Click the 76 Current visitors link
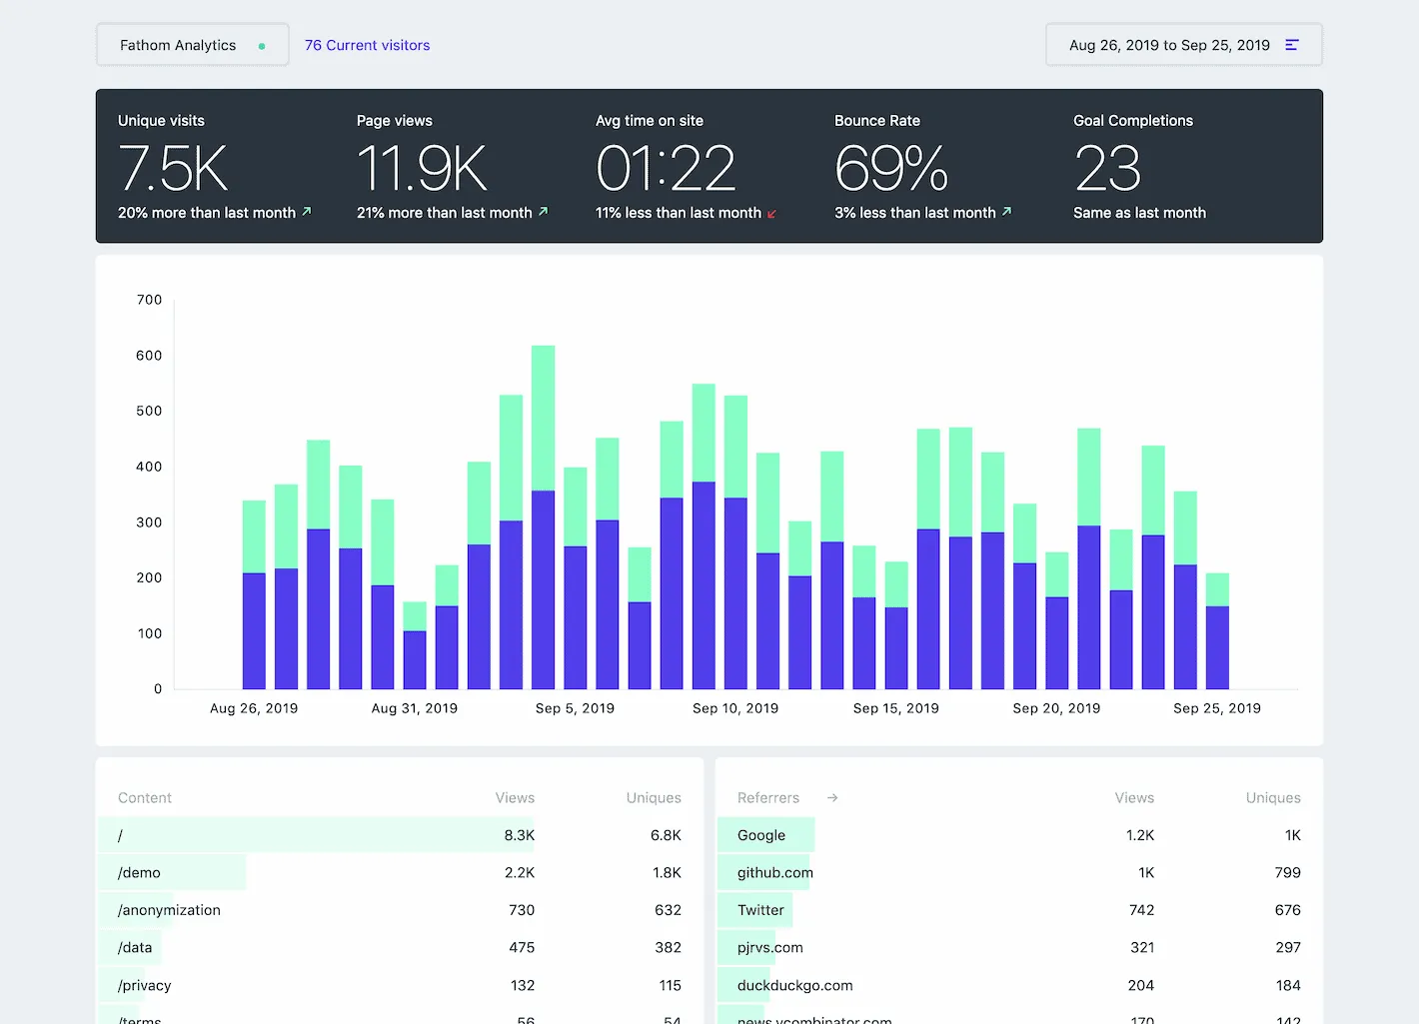point(367,45)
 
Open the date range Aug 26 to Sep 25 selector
point(1183,45)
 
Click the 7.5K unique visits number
point(173,168)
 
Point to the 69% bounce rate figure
point(890,168)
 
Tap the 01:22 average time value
point(666,168)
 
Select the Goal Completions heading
point(1132,121)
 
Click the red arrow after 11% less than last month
point(771,214)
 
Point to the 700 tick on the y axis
point(149,300)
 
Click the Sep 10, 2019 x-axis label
point(735,708)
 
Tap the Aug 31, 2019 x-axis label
point(414,708)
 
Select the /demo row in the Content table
point(139,873)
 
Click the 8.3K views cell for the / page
point(519,835)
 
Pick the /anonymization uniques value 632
point(668,910)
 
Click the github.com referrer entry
point(774,873)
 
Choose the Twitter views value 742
point(1141,910)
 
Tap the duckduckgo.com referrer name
point(794,985)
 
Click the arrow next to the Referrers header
point(832,798)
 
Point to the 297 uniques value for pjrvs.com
point(1287,948)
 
